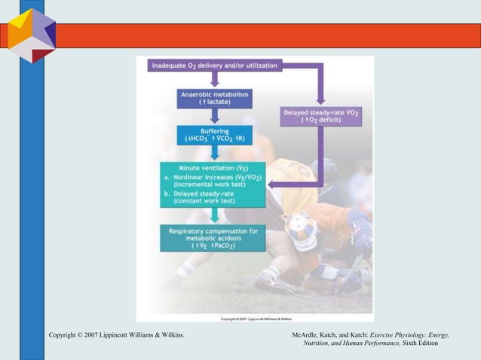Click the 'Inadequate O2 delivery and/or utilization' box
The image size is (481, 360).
coord(215,66)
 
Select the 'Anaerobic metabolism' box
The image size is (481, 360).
coord(215,98)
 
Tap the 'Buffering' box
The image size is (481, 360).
coord(215,135)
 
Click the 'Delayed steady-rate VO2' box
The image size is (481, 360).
coord(321,115)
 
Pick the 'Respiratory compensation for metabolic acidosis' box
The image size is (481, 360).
coord(212,238)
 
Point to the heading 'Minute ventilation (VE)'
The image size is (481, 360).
coord(213,167)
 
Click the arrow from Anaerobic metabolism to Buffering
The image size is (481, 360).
coord(215,116)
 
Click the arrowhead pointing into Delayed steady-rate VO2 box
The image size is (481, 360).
coord(320,99)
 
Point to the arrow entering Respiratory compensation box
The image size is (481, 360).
coord(215,217)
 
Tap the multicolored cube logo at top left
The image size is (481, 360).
coord(32,35)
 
